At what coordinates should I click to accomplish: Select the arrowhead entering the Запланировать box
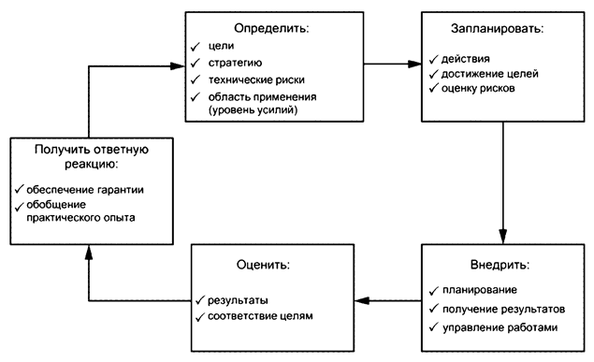[x=413, y=65]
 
